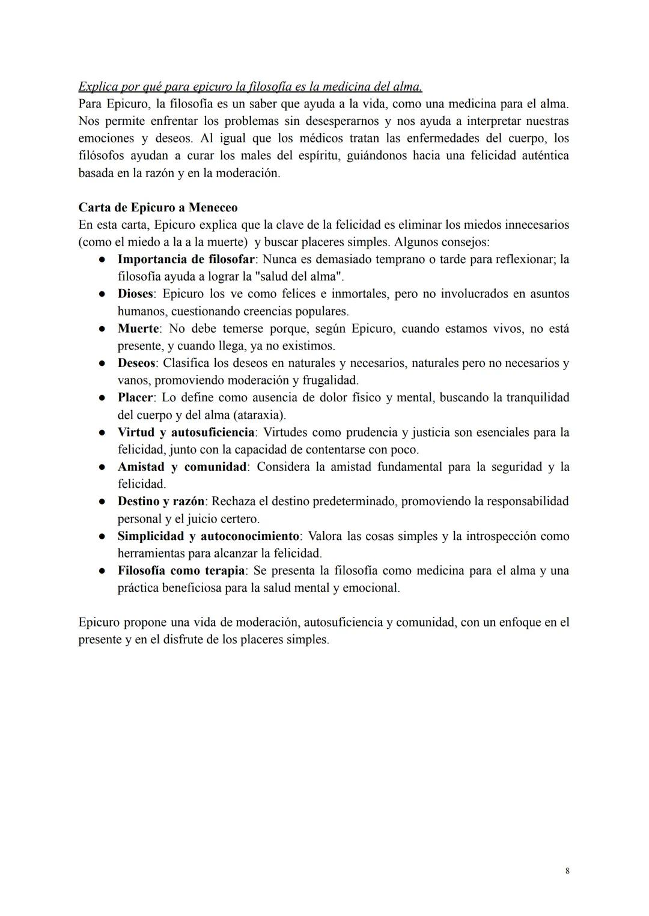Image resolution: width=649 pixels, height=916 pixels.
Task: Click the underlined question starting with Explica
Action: [x=250, y=86]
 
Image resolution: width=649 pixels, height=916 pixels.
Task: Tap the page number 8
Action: [x=567, y=871]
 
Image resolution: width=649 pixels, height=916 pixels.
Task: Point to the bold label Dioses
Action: [x=135, y=294]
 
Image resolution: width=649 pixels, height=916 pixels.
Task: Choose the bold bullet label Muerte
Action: [x=138, y=329]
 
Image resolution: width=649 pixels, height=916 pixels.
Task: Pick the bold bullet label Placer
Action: [x=136, y=398]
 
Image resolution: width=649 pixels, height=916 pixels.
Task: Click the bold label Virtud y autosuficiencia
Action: [x=186, y=432]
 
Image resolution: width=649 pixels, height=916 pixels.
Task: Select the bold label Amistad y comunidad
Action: [x=182, y=467]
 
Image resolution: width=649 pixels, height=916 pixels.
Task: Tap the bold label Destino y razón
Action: [x=161, y=502]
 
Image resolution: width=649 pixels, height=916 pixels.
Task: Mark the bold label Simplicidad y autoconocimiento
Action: [x=208, y=536]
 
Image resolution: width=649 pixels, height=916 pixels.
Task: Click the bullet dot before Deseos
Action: [x=103, y=363]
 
